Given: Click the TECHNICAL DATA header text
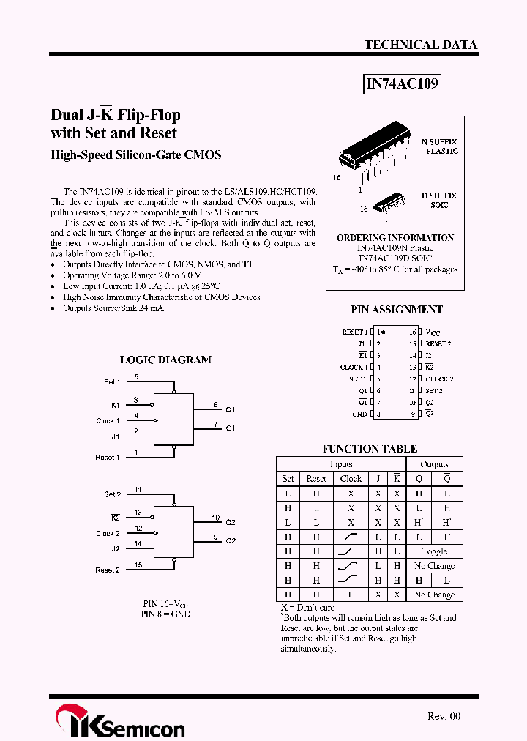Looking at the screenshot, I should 420,45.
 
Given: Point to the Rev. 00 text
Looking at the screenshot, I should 444,716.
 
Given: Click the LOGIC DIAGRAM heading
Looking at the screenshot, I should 165,360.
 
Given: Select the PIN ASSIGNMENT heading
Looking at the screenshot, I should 396,310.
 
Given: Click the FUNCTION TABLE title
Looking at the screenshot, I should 370,449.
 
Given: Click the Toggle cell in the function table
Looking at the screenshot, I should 434,551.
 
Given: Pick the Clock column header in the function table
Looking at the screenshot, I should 351,478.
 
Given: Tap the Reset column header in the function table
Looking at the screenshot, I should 316,478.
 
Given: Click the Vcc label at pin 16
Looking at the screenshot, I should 433,332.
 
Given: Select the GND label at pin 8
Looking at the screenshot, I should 359,414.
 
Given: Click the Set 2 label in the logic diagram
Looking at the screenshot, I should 112,494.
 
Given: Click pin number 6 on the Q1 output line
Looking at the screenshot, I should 215,404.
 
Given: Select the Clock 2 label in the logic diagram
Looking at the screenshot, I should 108,534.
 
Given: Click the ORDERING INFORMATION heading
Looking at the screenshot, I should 395,238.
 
